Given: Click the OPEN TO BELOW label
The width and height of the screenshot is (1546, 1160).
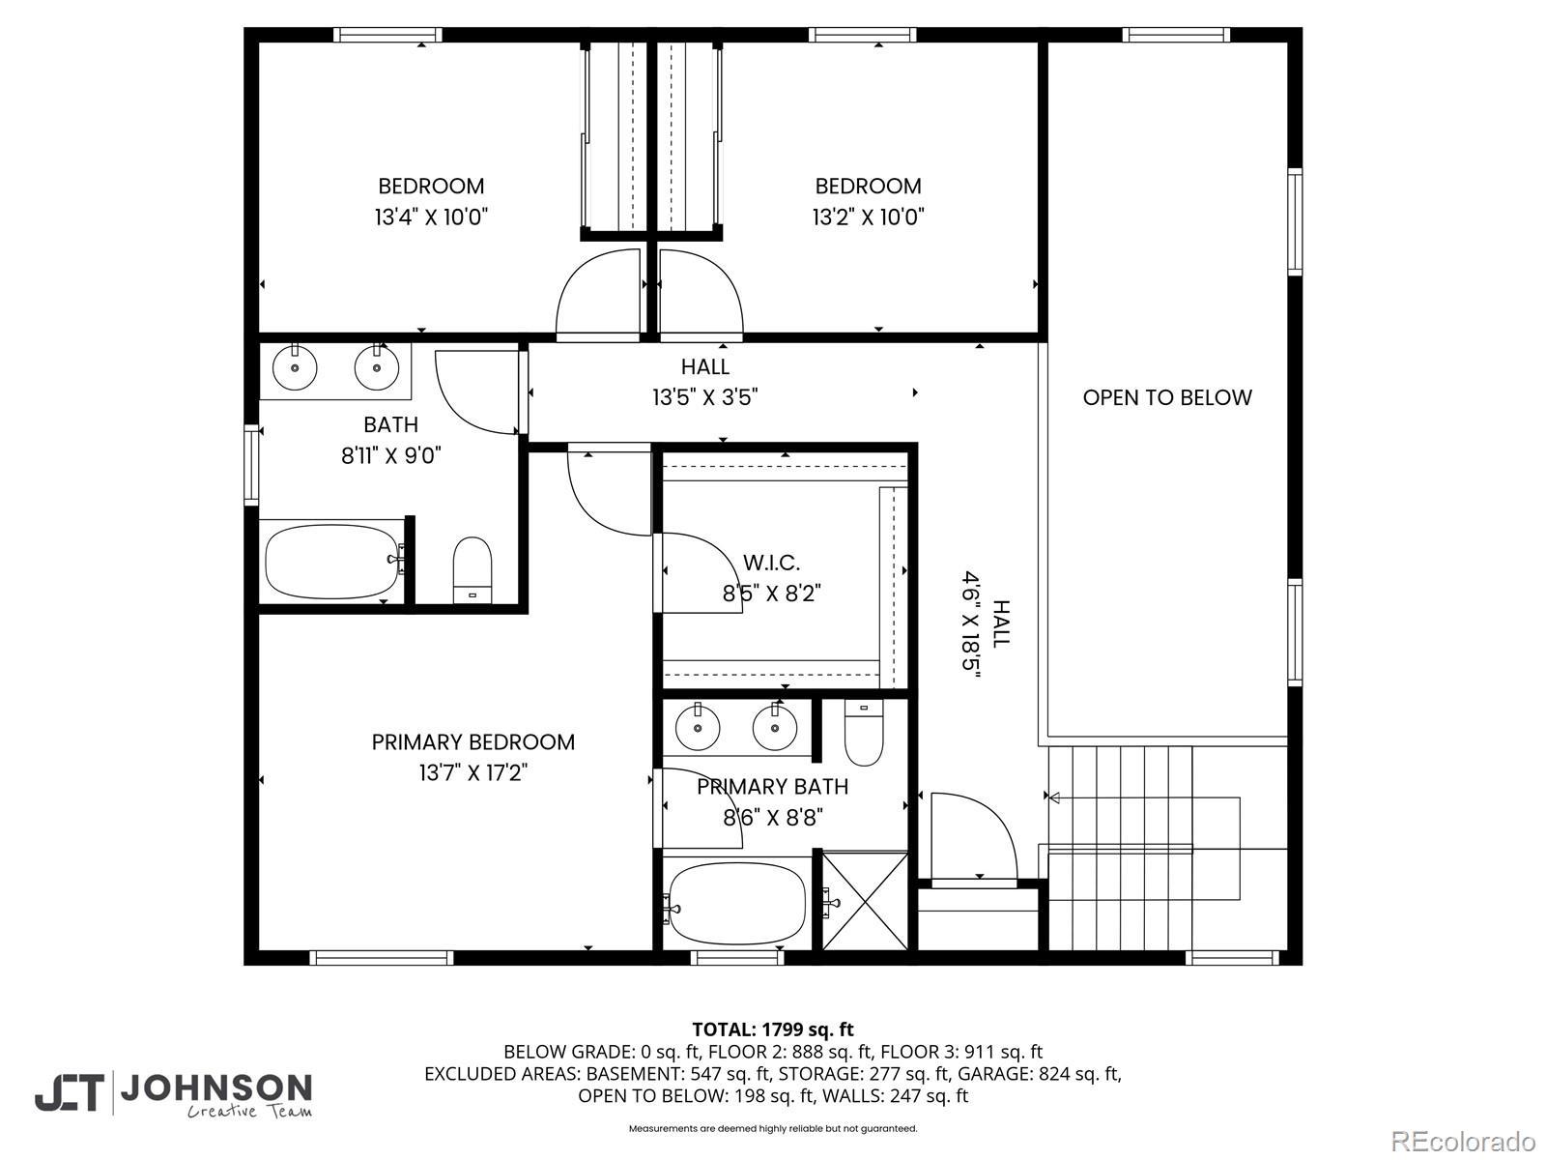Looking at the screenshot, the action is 1167,398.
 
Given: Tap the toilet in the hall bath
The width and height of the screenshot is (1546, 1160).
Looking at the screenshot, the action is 472,569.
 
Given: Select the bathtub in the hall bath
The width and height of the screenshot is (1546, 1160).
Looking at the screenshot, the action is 331,562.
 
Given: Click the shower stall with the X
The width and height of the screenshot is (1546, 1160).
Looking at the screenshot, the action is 865,901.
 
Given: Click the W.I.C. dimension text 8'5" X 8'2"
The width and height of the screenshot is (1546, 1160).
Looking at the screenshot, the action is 772,594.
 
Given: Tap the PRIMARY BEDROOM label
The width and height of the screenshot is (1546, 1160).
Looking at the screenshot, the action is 473,741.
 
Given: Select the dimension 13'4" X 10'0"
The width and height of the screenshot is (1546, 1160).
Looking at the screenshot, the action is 431,217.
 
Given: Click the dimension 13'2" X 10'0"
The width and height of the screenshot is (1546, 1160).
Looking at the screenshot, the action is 868,217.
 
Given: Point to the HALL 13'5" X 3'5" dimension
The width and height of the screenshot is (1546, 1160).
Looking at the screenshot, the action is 705,398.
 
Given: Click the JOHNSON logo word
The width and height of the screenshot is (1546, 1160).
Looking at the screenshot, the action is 216,1089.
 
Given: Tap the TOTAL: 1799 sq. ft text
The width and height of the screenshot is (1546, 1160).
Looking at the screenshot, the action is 773,1029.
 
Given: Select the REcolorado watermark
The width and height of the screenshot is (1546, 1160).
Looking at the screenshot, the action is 1464,1141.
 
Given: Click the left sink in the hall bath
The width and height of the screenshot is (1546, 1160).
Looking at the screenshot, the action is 295,367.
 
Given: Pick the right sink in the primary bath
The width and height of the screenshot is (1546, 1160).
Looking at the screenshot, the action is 775,728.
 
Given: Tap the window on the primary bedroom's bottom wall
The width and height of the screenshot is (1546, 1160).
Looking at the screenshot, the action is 381,957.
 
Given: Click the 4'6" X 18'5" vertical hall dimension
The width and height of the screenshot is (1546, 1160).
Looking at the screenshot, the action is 972,624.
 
